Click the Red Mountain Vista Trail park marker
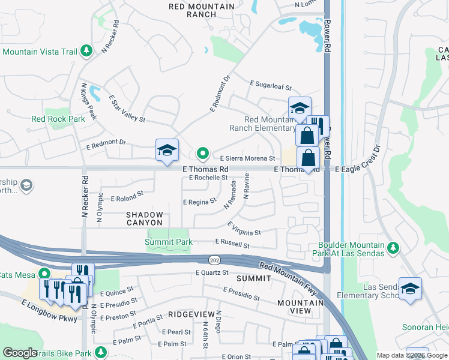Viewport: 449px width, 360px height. click(87, 51)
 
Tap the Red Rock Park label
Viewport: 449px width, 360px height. click(58, 119)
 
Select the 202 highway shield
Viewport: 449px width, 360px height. click(213, 260)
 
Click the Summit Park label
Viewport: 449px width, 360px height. click(169, 242)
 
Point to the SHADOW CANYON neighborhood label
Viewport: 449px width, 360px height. click(144, 218)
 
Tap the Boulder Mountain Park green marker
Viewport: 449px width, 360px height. click(393, 247)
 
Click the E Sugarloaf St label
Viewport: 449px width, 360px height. click(270, 87)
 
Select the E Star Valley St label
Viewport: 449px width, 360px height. click(127, 108)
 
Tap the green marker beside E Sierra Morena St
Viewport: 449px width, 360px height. click(203, 154)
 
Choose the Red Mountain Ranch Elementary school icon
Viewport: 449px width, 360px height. click(300, 109)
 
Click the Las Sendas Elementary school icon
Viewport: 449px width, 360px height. click(410, 289)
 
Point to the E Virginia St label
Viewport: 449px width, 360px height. click(244, 228)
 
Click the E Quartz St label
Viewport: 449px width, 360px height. click(212, 272)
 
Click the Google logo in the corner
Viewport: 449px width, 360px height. click(20, 353)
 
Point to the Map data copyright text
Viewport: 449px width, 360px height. click(412, 355)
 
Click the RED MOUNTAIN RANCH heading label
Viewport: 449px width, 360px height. click(202, 10)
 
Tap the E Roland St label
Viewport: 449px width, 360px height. click(127, 196)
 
